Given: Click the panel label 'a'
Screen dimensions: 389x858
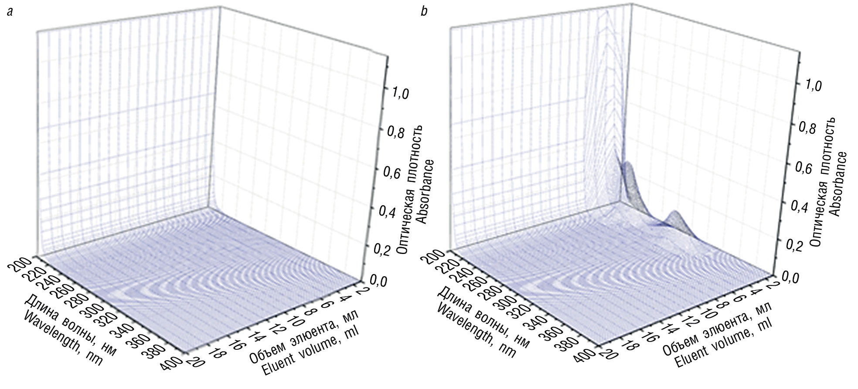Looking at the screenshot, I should tap(10, 12).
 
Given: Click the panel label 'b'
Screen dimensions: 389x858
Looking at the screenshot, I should tap(423, 12).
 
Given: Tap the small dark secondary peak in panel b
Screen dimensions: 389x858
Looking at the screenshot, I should tap(675, 215).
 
